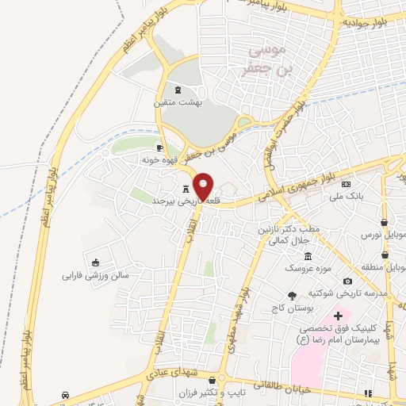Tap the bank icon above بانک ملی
click(x=346, y=185)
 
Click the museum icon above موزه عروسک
click(x=308, y=255)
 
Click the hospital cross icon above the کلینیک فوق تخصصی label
click(x=338, y=316)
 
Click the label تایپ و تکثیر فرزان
click(x=239, y=393)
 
